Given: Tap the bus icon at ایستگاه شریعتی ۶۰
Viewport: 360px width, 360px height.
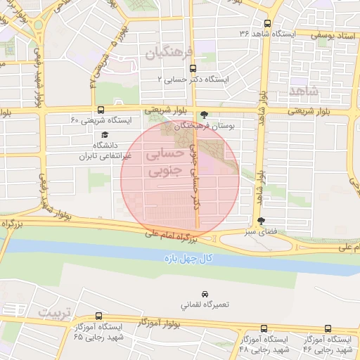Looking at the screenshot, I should coord(101,110).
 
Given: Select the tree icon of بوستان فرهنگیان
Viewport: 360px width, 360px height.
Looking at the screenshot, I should coord(205,115).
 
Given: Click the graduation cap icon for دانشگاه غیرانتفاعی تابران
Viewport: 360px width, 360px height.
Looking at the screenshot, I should coord(105,134).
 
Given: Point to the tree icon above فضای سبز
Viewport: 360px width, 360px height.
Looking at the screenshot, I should coord(262,221).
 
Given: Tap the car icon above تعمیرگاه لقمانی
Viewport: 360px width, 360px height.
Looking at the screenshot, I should coord(204,292).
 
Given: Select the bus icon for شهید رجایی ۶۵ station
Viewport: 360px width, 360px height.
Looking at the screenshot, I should coord(98,317).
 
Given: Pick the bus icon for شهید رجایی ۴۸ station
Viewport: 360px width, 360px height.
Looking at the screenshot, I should coord(264,329).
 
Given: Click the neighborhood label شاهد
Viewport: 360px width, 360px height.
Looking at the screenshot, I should coord(303,91).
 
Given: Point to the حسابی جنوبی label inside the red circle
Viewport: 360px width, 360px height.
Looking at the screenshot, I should coord(167,161).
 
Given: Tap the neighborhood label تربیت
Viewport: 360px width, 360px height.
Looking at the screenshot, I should coord(56,312).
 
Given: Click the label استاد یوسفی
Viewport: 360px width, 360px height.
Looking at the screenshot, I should coord(337,33).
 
